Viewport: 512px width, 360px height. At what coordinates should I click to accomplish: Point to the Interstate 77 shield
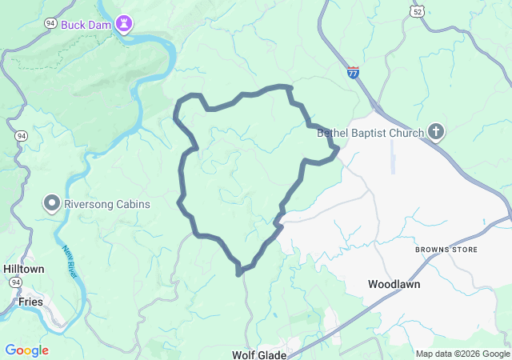click(x=354, y=72)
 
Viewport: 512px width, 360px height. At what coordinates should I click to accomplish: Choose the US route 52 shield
click(x=415, y=11)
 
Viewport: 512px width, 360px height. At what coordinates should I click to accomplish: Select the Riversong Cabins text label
click(x=107, y=204)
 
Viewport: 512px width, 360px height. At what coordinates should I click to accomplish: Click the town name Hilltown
click(x=24, y=269)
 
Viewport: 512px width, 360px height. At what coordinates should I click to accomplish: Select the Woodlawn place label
click(x=394, y=284)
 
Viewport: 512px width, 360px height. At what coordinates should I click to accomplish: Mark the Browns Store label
click(x=446, y=250)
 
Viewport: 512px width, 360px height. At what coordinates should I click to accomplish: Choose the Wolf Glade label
click(x=258, y=354)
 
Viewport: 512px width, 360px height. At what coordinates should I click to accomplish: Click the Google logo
click(x=26, y=350)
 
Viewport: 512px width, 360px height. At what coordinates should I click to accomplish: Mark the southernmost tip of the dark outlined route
click(x=238, y=274)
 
